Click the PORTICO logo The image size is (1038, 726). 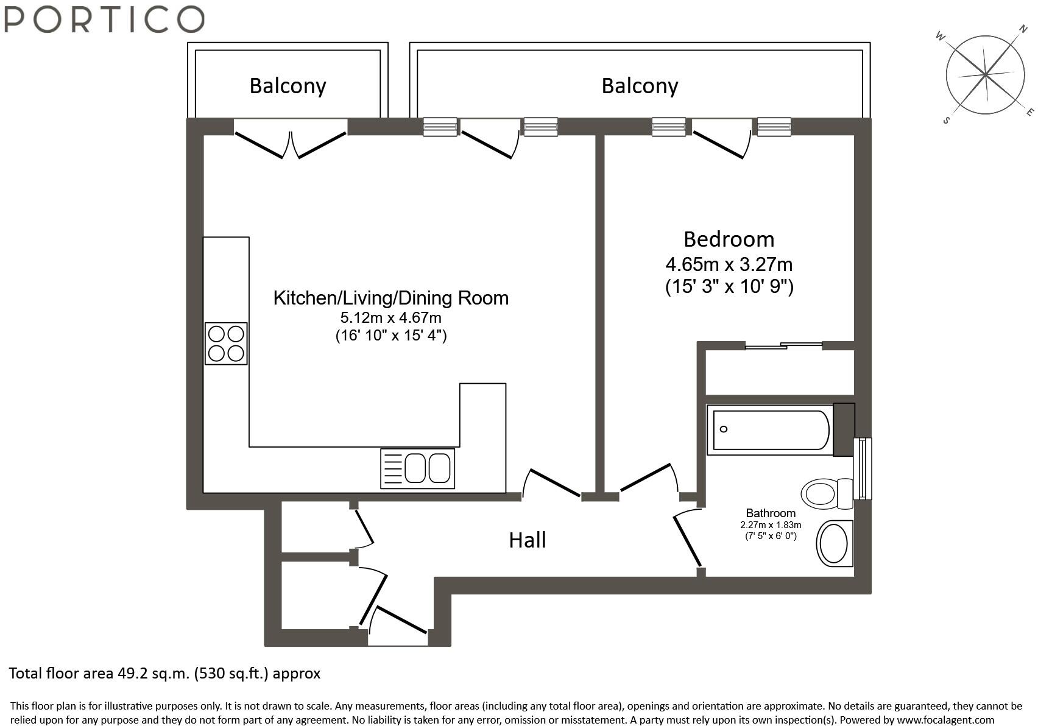pos(104,19)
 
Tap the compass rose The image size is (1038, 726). pos(984,75)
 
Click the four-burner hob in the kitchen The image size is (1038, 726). pos(226,344)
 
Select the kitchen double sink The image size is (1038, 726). pos(417,468)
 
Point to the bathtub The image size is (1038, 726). pos(770,430)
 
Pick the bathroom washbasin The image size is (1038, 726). pos(833,543)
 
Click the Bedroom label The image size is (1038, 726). pos(729,239)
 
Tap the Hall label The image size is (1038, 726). pos(527,540)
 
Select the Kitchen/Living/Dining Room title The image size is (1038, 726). pos(390,298)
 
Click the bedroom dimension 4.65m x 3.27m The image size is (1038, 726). pos(729,265)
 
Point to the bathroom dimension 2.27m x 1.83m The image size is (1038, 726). pos(771,525)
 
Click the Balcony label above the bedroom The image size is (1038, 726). pos(640,86)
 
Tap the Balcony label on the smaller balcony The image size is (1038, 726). pos(288,86)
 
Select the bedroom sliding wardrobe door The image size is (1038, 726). pos(783,346)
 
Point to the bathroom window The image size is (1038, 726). pos(863,468)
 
